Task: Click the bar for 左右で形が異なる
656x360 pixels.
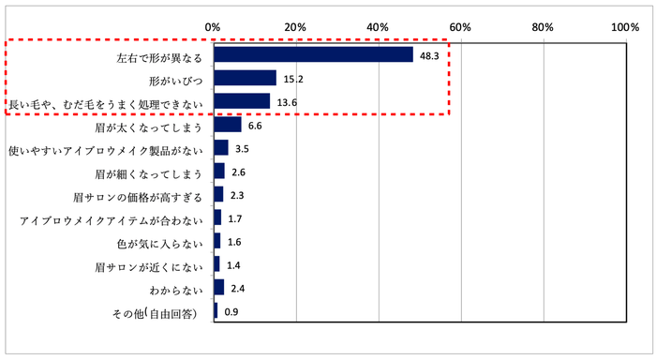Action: (313, 54)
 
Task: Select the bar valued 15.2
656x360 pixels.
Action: (245, 78)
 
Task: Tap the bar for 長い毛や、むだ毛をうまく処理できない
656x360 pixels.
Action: (242, 101)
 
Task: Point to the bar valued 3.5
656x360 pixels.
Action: (221, 148)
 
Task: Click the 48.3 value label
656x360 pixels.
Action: (429, 55)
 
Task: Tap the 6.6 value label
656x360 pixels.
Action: (255, 125)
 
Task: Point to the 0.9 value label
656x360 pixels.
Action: (231, 312)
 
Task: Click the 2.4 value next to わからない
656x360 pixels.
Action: (238, 288)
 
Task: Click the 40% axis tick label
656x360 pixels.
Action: (379, 28)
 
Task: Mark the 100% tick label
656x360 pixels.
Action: (624, 28)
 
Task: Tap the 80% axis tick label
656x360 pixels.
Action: (544, 28)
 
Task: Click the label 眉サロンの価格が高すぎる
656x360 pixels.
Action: (138, 197)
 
